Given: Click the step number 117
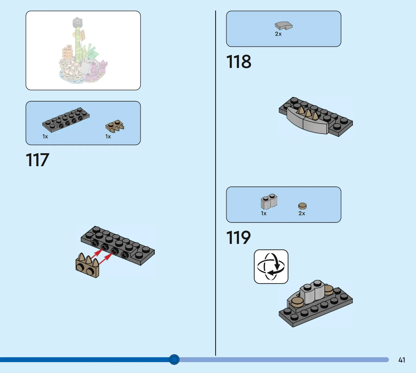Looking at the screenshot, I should [x=37, y=160].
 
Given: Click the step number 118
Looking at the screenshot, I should [x=238, y=62].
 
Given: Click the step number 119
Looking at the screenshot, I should [x=238, y=238].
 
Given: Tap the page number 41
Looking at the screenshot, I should [x=402, y=360].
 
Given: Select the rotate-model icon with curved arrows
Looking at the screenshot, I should [x=271, y=267].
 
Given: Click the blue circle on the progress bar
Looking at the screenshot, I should [x=174, y=359].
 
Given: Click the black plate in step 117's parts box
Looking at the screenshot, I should [x=66, y=119].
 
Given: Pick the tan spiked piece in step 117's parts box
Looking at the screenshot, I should [x=115, y=126].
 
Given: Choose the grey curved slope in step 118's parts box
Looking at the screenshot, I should [x=283, y=26].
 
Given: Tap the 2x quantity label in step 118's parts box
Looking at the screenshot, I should [x=278, y=34].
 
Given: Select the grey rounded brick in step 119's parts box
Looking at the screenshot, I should [x=269, y=201].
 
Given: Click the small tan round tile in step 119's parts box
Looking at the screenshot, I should [x=302, y=206].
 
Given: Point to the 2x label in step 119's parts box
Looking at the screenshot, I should [x=302, y=214].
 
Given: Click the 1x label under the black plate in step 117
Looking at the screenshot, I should [x=45, y=137].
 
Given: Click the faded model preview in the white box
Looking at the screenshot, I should [x=83, y=51].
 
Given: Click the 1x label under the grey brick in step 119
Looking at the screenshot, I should [x=264, y=214].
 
